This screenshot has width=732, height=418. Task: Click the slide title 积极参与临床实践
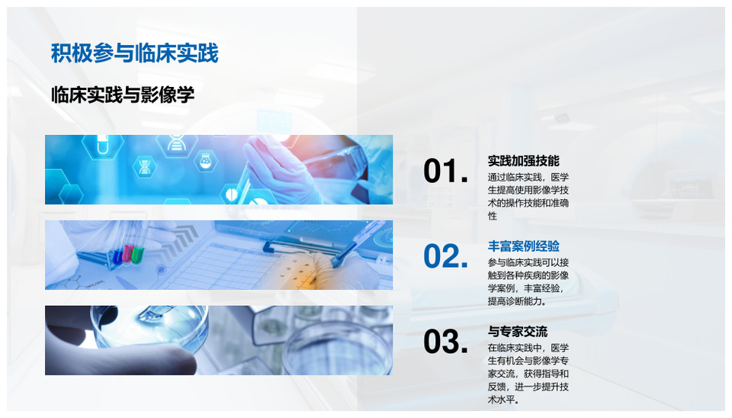(134, 53)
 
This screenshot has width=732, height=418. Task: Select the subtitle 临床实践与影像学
(123, 95)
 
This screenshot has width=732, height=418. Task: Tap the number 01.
(445, 172)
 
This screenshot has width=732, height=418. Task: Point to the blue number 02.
(445, 257)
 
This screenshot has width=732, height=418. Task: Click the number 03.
(445, 342)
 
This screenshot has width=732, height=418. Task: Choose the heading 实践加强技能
(523, 161)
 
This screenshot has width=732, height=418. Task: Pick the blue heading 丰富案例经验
(523, 246)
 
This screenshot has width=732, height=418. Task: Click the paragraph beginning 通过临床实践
(528, 197)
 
